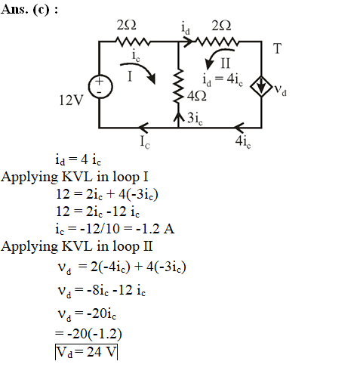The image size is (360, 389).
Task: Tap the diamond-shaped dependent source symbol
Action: (261, 86)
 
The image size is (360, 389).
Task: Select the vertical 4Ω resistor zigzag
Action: (178, 86)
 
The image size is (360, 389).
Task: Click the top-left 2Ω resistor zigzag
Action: (133, 42)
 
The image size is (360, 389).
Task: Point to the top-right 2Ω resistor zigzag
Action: (217, 42)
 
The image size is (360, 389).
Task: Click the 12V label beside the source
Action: (71, 100)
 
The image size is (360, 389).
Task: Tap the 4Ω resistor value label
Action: (197, 96)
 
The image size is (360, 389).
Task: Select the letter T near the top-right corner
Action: (277, 48)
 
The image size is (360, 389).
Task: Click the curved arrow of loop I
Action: (141, 68)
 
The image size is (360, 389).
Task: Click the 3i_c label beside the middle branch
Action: (195, 118)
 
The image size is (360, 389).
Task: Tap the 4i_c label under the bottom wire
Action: (243, 141)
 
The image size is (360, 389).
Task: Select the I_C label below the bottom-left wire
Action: (145, 141)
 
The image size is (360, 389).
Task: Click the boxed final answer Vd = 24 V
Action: (86, 352)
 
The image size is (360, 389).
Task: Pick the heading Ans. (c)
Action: (29, 10)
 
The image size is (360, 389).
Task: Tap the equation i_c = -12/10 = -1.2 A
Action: (115, 229)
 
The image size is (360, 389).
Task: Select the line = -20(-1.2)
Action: (88, 334)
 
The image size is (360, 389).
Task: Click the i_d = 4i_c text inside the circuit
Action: (223, 79)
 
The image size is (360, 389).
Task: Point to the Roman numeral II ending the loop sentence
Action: (148, 246)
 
